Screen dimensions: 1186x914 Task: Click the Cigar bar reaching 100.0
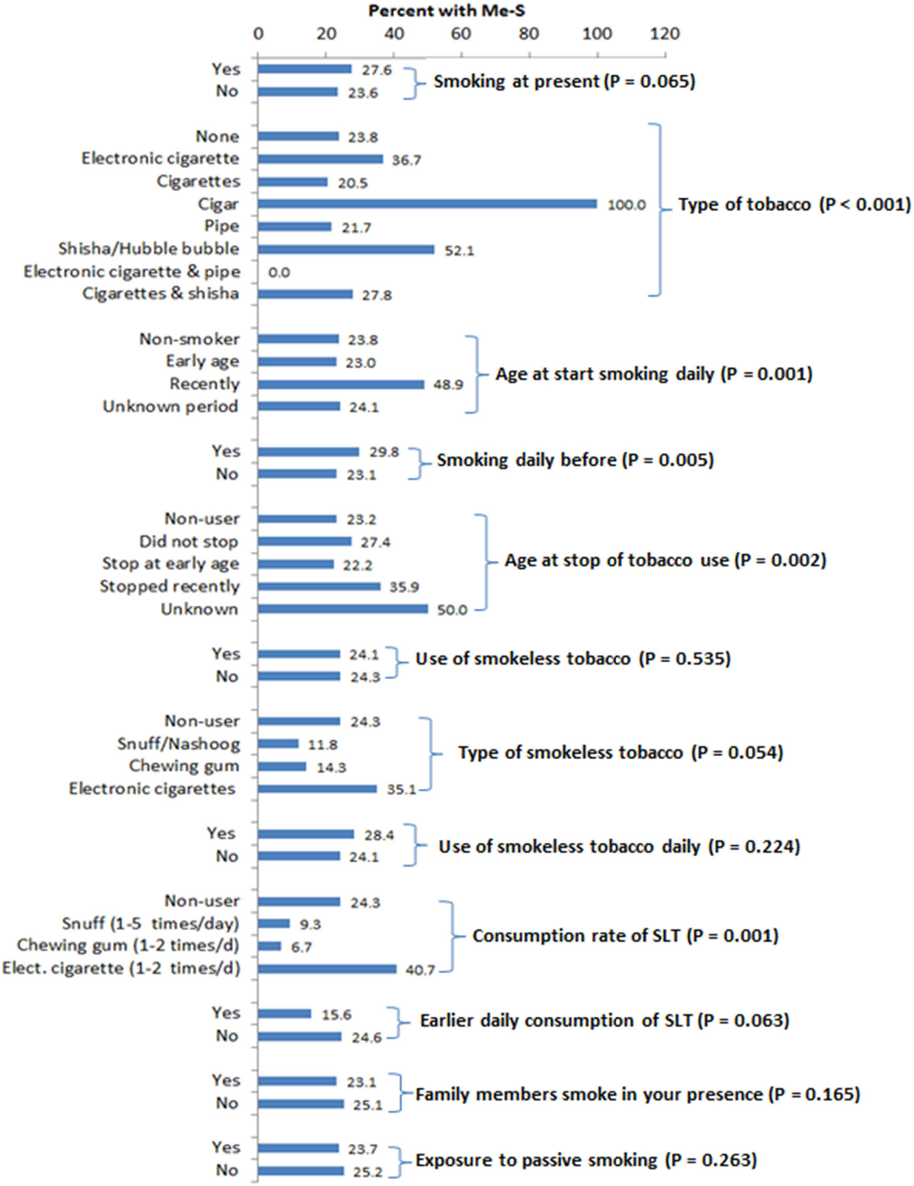tap(427, 204)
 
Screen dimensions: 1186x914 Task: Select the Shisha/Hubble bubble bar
tap(346, 249)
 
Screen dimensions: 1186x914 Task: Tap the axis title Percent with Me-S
tap(446, 11)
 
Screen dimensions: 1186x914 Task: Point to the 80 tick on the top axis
tap(529, 34)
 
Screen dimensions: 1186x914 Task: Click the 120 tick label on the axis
tap(665, 34)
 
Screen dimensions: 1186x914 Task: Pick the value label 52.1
tap(459, 251)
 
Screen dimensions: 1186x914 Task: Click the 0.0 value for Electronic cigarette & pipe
tap(279, 273)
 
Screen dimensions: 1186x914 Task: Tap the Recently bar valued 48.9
tap(341, 384)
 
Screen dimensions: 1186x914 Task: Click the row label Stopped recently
tap(169, 586)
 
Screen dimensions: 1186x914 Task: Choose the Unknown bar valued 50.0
tap(343, 609)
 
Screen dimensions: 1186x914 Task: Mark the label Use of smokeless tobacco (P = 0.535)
tap(573, 659)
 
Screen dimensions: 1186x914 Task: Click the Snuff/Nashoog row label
tap(179, 744)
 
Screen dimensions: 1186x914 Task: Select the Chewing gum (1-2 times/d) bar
tap(269, 946)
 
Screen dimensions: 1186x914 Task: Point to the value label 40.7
tap(420, 970)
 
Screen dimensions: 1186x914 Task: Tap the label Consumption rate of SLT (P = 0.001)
tap(625, 936)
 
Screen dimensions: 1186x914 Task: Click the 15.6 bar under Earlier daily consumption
tap(285, 1014)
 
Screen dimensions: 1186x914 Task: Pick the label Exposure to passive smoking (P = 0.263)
tap(586, 1160)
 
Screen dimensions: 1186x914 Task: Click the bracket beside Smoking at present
tap(414, 83)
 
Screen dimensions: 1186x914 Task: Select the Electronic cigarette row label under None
tap(160, 159)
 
